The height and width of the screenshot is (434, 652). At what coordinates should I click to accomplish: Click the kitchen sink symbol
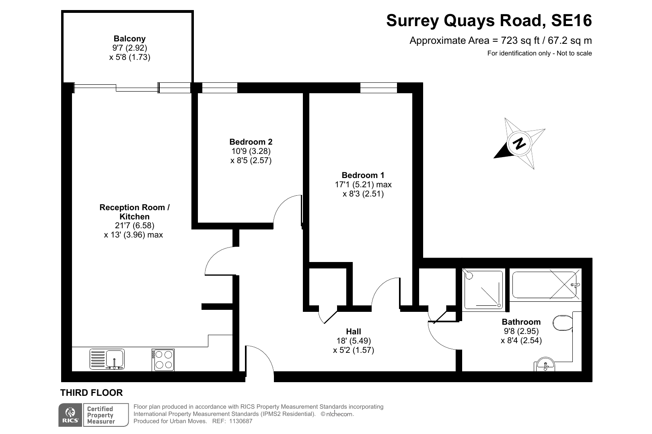coord(107,359)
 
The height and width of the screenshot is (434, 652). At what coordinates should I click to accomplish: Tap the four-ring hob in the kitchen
coord(163,360)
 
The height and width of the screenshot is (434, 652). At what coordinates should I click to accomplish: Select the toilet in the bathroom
coord(563,323)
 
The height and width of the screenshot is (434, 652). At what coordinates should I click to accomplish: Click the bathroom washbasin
coord(544,364)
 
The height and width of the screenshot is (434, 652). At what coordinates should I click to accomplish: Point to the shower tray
coord(483,289)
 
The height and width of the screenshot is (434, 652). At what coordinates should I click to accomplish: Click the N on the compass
coord(519,143)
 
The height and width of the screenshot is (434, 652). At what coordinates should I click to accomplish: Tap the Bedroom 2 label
coord(251,142)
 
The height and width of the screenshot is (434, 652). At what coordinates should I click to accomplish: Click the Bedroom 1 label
coord(363,175)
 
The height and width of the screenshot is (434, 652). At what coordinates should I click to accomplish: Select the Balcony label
coord(130,39)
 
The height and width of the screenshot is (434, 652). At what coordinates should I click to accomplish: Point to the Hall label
coord(354,331)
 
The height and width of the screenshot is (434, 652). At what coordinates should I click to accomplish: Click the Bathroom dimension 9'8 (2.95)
coord(521,331)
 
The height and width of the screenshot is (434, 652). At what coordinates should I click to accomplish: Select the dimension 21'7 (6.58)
coord(134,225)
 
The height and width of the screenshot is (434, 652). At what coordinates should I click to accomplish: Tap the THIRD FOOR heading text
coord(91,393)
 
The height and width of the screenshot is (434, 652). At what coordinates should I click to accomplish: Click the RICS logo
coord(70,415)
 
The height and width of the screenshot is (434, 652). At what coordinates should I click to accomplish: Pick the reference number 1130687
coord(241,421)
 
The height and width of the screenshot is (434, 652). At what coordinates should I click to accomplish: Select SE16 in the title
coord(572,20)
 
